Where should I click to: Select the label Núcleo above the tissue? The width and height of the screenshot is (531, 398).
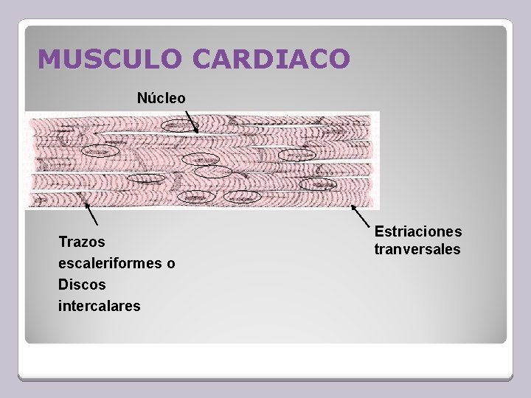[162, 97]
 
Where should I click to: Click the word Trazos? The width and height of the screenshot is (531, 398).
[82, 242]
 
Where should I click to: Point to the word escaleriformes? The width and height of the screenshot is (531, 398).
[108, 263]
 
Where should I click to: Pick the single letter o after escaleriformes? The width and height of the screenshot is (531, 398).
[171, 263]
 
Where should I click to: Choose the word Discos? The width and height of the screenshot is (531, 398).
[82, 284]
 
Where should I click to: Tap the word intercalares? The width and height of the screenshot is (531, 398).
[99, 305]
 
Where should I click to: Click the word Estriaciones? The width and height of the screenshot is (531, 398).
[418, 232]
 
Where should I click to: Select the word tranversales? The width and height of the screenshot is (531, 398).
[417, 250]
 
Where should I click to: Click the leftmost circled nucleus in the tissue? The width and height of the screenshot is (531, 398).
[99, 151]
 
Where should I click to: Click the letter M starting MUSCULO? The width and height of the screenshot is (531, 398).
[47, 59]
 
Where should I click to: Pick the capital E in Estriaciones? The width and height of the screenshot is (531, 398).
[379, 232]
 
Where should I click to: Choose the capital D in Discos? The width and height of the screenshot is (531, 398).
[63, 284]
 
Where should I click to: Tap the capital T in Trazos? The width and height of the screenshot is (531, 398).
[62, 242]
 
